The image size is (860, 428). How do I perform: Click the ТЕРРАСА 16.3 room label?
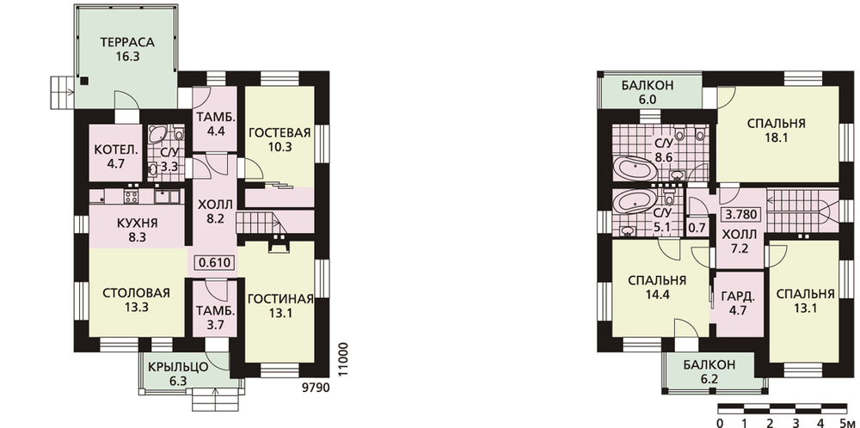point(127,48)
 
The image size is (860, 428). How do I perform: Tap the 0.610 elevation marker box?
point(214,263)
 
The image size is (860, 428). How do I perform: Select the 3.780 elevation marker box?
point(743,214)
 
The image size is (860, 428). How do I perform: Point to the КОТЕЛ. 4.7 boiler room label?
point(116,156)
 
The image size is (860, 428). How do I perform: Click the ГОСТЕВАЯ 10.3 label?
point(279,139)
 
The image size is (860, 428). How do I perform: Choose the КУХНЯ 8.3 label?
point(137,230)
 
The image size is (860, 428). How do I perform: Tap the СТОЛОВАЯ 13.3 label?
point(136,299)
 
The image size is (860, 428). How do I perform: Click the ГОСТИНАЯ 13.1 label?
point(280,306)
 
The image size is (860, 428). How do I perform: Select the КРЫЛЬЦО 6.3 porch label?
point(178,373)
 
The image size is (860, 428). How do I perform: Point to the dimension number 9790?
point(316,388)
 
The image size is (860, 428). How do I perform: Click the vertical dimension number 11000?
point(343,359)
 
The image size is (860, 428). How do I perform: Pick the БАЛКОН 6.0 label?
point(648,92)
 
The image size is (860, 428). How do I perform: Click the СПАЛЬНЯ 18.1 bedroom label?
point(776,130)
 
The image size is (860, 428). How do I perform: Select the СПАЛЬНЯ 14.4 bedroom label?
point(656,287)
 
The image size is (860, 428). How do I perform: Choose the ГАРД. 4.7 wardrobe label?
point(738,303)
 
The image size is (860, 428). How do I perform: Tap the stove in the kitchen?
point(131,196)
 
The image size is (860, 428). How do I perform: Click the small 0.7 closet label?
point(696,225)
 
